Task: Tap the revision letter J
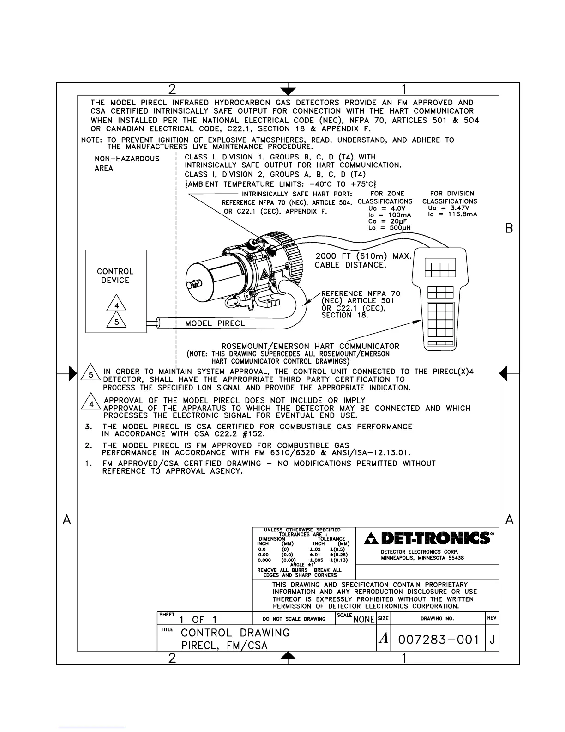pos(493,640)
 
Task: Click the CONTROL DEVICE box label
pos(115,276)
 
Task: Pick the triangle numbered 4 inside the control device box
pos(117,305)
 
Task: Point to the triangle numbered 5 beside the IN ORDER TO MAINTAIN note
pos(91,375)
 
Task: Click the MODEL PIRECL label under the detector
pos(215,323)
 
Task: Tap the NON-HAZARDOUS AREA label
pos(126,163)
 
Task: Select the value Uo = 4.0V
pos(387,208)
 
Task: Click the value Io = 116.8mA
pos(452,214)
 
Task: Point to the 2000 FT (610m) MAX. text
pos(363,256)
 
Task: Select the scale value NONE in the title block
pos(363,620)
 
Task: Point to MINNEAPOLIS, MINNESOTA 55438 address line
pos(422,558)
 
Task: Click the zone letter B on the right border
pos(509,228)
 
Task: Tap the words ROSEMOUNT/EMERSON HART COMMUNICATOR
pos(310,346)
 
